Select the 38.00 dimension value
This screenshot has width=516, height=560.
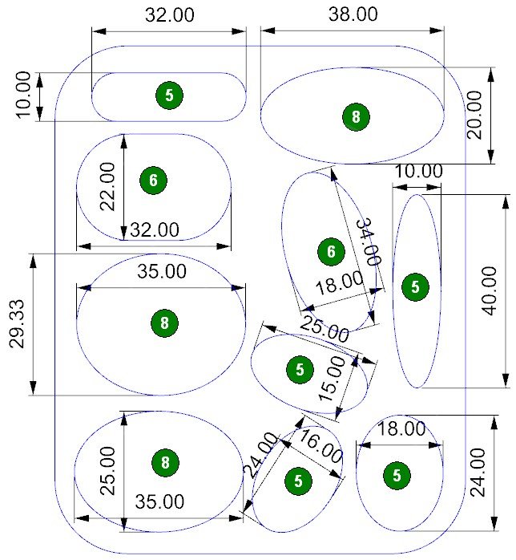click(353, 14)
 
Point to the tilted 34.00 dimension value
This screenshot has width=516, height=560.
click(367, 242)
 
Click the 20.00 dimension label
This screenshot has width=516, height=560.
click(476, 115)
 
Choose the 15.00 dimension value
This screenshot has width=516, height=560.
click(334, 379)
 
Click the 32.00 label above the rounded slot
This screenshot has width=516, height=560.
click(169, 14)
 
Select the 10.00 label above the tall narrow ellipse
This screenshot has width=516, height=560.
click(419, 171)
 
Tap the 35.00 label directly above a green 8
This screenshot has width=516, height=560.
click(162, 271)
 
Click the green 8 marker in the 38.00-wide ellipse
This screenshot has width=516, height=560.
click(356, 117)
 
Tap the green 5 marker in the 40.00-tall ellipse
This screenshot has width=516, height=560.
click(414, 286)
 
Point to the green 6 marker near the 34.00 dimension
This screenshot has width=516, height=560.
click(330, 252)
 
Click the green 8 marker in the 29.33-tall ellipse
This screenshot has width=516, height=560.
click(164, 323)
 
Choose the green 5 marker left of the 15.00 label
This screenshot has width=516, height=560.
click(300, 370)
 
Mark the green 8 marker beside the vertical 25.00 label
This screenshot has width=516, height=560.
click(164, 463)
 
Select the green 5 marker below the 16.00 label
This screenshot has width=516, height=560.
click(298, 481)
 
